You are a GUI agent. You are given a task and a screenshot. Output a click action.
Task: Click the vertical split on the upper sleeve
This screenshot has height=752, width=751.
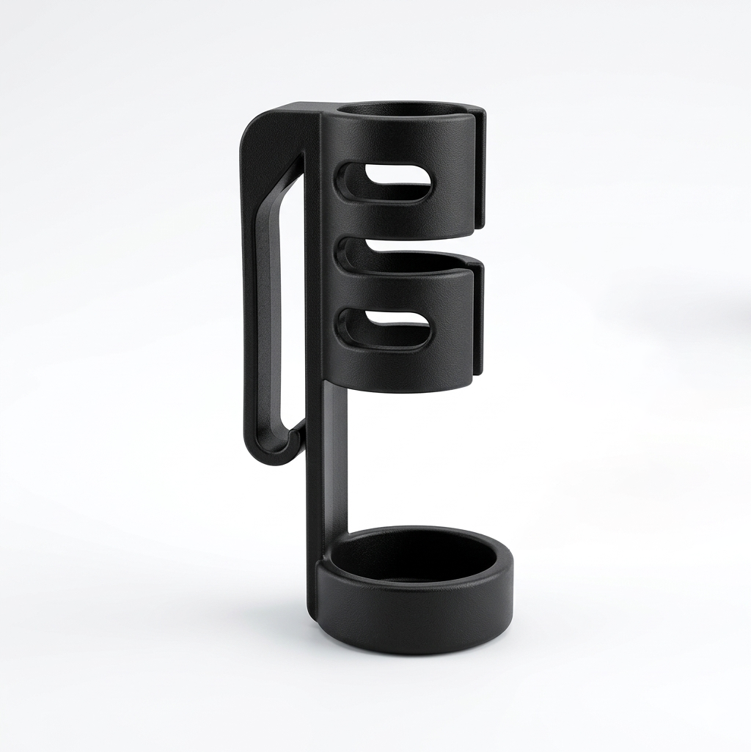click(x=480, y=169)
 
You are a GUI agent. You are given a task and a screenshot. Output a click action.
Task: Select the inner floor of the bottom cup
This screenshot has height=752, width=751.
click(x=414, y=561)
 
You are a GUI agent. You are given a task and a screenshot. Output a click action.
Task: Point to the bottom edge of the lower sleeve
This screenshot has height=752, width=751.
click(x=403, y=387)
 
